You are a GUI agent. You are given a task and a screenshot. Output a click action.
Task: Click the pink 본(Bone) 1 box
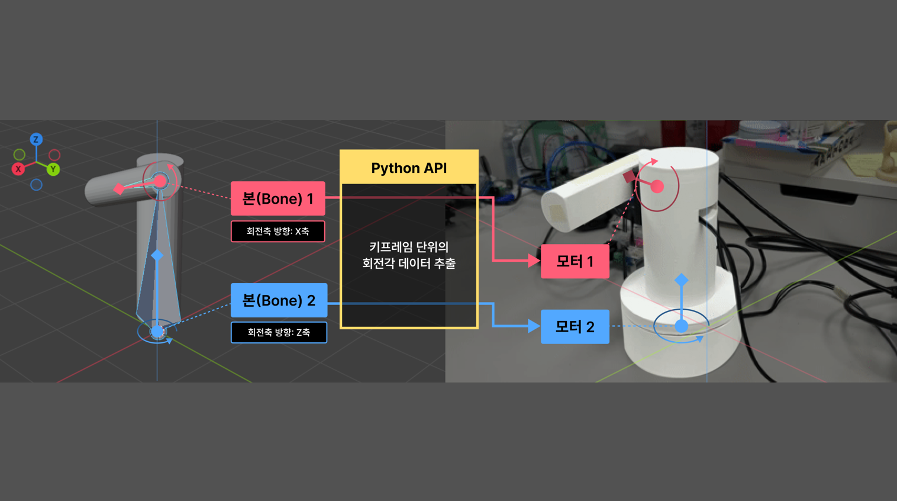coord(278,198)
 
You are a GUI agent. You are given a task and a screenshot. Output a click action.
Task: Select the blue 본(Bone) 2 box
coord(279,300)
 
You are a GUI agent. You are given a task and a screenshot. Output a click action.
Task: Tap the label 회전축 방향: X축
coord(278,231)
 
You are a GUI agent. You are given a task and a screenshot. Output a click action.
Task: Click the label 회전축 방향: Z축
coord(279,332)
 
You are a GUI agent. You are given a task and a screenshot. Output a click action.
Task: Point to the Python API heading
coord(409,168)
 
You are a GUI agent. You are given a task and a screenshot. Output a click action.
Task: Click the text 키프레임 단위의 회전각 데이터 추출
coord(409,255)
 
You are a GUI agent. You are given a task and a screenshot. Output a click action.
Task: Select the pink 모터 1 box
coord(575,261)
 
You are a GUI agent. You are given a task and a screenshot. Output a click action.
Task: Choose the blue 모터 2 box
coord(575,326)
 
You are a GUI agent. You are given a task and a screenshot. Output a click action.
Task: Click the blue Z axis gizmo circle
coord(36,140)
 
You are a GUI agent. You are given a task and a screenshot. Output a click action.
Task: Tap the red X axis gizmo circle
coord(18,169)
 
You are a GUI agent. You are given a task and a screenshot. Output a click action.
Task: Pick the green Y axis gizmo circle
coord(53,169)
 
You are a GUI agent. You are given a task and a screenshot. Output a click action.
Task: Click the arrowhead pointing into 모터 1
coord(534,260)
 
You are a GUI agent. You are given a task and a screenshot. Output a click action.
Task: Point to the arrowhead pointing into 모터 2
coord(534,326)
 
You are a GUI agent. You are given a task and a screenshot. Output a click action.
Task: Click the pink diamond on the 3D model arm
coord(119,189)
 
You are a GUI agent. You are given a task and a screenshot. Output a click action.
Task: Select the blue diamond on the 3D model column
coord(157,255)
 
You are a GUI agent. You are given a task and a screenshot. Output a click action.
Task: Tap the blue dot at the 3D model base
coord(157,332)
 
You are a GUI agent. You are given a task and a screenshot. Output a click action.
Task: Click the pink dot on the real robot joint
coord(657,187)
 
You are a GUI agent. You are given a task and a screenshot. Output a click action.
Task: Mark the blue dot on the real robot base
coord(682,326)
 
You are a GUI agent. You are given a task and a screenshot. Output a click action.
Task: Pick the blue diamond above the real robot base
coord(682,280)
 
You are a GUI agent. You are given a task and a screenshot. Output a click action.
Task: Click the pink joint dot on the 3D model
coord(160,181)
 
